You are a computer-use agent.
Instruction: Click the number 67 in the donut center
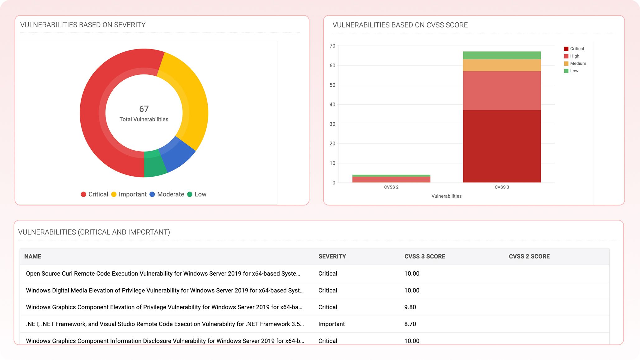tap(144, 109)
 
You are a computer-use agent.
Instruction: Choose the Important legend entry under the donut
tap(132, 194)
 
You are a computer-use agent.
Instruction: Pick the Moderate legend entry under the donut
tap(170, 194)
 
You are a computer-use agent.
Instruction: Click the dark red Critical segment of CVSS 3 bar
tap(502, 146)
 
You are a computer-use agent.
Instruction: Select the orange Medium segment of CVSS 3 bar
tap(502, 65)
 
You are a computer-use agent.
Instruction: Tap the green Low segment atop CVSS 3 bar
tap(502, 55)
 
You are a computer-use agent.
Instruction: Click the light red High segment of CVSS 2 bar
tap(391, 180)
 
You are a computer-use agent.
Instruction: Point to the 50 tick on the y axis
tap(332, 85)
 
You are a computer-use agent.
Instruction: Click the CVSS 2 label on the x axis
tap(391, 187)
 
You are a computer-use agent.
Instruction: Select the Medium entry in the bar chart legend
tap(578, 64)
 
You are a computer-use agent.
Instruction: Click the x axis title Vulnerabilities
tap(446, 196)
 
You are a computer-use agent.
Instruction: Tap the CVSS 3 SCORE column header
tap(425, 257)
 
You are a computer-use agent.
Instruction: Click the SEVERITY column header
tap(332, 257)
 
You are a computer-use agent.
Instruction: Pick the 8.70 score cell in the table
tap(410, 324)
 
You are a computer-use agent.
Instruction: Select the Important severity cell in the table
tap(332, 324)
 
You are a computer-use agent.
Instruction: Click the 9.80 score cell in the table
tap(410, 307)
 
